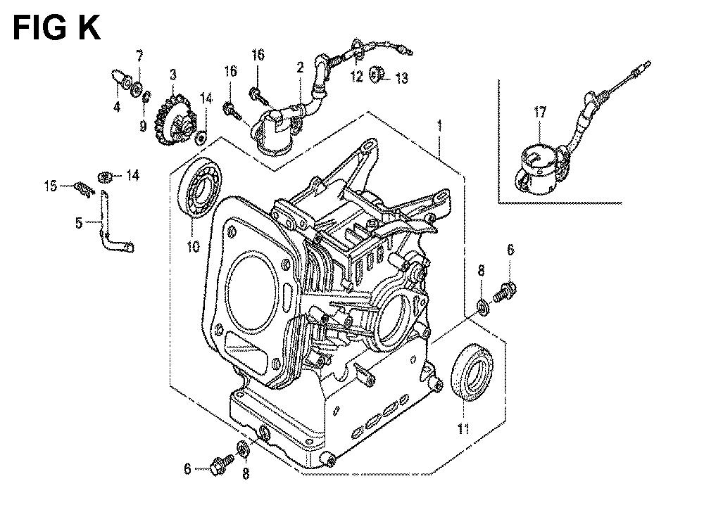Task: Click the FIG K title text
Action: [x=57, y=28]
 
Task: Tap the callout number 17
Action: [x=540, y=112]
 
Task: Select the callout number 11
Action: [x=463, y=429]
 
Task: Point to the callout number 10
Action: [x=193, y=247]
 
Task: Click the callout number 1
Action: [x=440, y=126]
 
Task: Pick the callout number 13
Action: [x=401, y=79]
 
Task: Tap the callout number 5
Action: [x=79, y=223]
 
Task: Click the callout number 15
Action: [x=51, y=186]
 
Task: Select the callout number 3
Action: [x=173, y=75]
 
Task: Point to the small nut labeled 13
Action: [x=375, y=75]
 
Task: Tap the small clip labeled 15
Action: [x=84, y=188]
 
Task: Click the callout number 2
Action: [x=300, y=68]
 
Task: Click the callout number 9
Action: [x=143, y=127]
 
